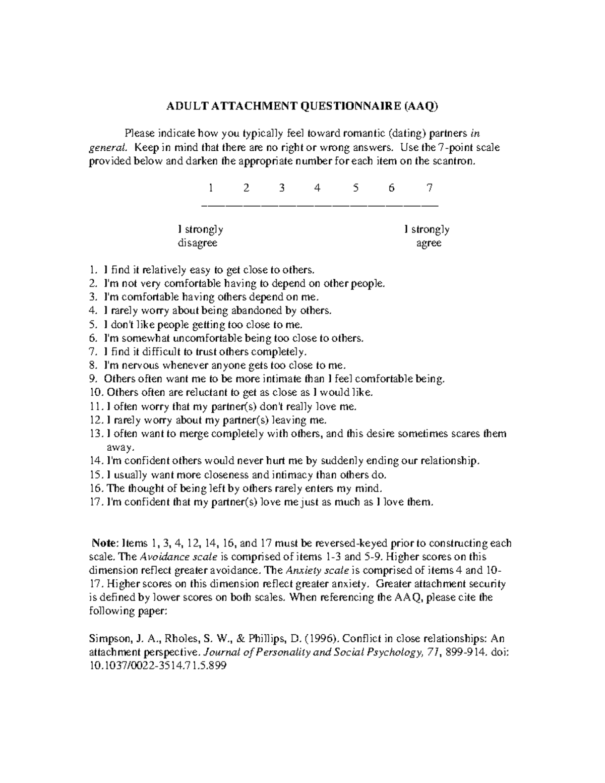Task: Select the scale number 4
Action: [317, 188]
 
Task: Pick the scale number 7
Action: [429, 188]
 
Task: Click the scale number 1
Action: [210, 188]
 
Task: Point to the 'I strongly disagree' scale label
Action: [200, 236]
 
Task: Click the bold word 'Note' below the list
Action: [103, 544]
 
